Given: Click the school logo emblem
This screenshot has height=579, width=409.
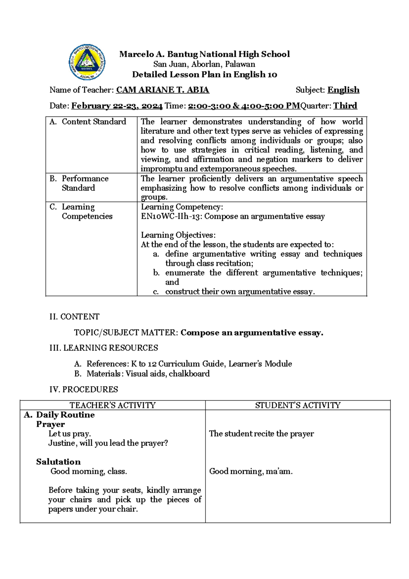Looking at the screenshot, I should pyautogui.click(x=87, y=62).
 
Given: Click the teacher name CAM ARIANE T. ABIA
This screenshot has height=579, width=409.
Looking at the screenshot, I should pyautogui.click(x=163, y=90).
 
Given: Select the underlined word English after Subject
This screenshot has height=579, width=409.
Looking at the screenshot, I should pyautogui.click(x=343, y=90).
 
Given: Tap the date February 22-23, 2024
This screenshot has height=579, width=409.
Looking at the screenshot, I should pyautogui.click(x=117, y=106).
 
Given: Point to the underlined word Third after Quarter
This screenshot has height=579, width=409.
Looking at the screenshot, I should pyautogui.click(x=345, y=106).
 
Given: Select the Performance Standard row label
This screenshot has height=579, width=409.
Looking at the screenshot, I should pyautogui.click(x=85, y=183).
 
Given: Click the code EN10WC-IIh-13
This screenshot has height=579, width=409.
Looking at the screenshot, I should pyautogui.click(x=171, y=216).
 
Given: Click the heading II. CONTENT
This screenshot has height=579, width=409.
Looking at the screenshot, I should pyautogui.click(x=74, y=317).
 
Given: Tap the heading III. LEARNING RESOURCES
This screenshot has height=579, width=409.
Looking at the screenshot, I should pyautogui.click(x=104, y=348).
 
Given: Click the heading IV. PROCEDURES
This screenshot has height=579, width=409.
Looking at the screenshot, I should pyautogui.click(x=84, y=390).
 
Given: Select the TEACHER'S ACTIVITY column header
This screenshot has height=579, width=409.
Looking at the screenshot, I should pyautogui.click(x=112, y=405).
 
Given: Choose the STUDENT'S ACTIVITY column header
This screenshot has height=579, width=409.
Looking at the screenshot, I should pyautogui.click(x=298, y=405).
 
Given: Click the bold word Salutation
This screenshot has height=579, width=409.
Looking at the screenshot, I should pyautogui.click(x=58, y=462).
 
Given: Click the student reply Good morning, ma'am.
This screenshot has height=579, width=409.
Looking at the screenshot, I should pyautogui.click(x=251, y=471).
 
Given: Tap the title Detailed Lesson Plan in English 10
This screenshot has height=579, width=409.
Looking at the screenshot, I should pyautogui.click(x=204, y=74).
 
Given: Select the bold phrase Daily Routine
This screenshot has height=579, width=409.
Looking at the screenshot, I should pyautogui.click(x=65, y=415).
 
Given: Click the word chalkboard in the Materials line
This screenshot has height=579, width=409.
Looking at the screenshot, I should pyautogui.click(x=189, y=374).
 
